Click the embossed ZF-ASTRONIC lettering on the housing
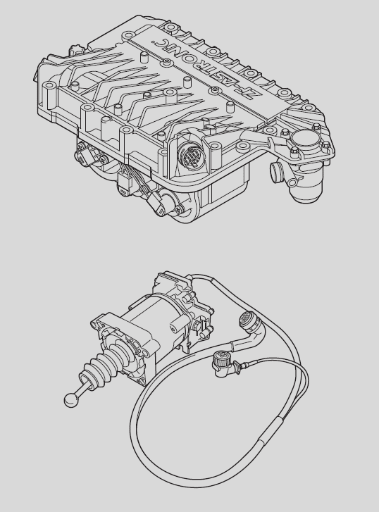tap(203, 68)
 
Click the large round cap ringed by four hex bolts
tap(304, 139)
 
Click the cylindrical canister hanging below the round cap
tap(306, 189)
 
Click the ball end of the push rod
tap(70, 400)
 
